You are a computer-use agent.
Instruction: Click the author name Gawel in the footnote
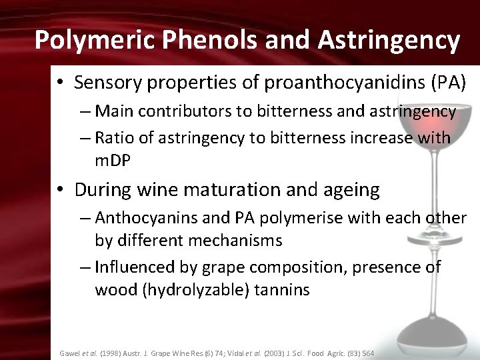click(69, 353)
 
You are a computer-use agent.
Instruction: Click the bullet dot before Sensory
click(60, 83)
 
